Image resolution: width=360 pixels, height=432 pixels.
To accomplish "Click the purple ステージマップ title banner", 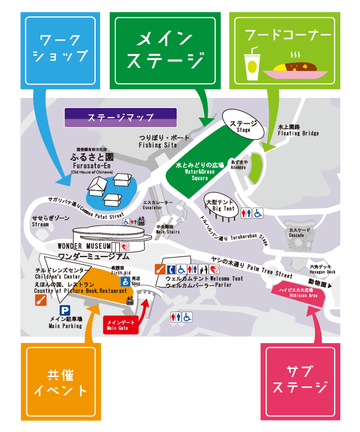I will point(121,118).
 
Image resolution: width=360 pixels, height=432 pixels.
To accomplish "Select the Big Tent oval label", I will point(220,205).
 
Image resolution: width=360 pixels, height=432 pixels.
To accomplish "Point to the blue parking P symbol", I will point(65,310).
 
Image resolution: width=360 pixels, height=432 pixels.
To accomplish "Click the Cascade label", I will point(296,233).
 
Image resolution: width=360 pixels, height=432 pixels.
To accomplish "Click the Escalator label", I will point(154,205).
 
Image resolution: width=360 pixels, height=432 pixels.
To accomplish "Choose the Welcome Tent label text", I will point(204,279).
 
